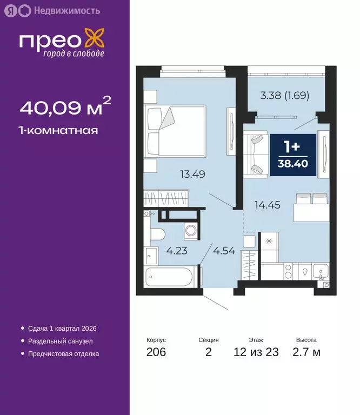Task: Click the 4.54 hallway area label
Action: click(224, 251)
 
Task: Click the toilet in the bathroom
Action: click(157, 235)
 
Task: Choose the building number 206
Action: click(156, 353)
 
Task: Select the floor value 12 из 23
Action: click(256, 353)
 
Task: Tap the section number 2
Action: click(208, 353)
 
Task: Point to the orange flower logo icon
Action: click(95, 40)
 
